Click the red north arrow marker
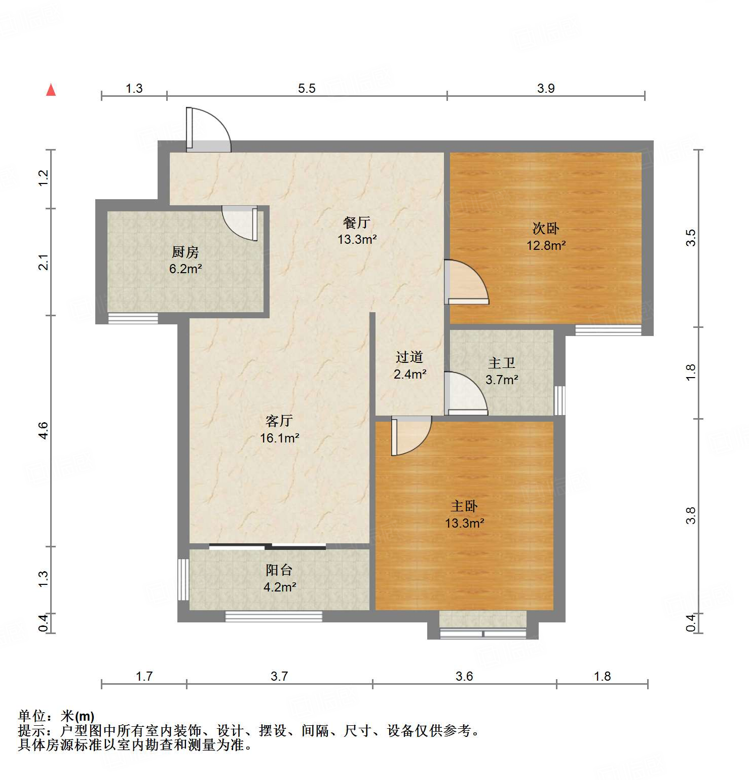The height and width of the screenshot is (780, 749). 51,90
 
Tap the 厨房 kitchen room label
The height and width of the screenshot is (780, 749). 185,252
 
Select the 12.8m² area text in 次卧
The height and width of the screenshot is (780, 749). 545,245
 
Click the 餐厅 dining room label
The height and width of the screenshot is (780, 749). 356,222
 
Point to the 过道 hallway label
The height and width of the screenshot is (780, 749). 409,357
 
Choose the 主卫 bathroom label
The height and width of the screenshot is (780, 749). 501,363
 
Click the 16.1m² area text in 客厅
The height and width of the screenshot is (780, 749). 279,438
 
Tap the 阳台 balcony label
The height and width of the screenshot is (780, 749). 279,570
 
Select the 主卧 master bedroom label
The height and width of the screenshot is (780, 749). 464,506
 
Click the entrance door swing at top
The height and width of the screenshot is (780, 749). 209,129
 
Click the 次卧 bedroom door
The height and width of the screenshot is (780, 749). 466,283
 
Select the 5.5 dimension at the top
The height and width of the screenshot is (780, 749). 306,88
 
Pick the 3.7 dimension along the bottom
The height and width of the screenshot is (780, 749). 279,676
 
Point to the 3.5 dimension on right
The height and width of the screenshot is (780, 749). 691,238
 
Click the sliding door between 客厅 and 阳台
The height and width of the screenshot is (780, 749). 268,546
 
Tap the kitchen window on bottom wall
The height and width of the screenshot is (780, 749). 133,318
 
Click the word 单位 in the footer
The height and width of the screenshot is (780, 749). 32,716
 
